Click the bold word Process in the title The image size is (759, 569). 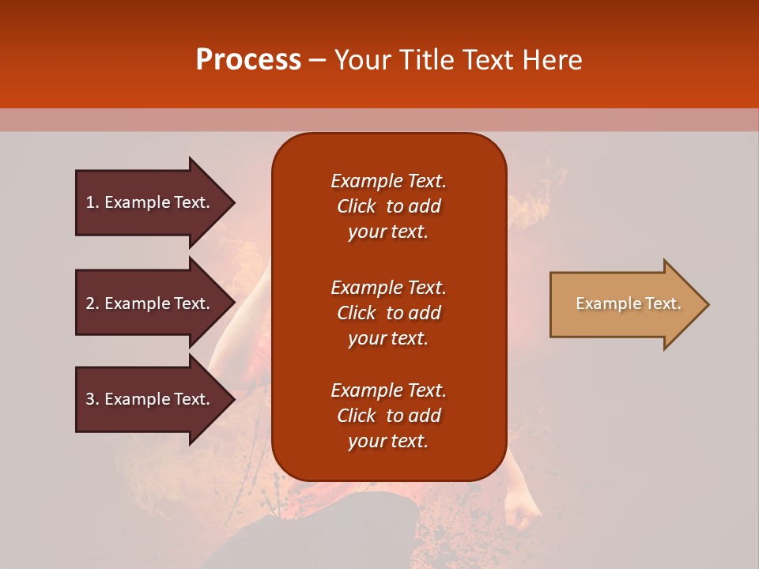(x=248, y=60)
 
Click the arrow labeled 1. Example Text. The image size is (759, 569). (x=150, y=202)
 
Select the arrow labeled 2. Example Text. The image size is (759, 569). (x=150, y=303)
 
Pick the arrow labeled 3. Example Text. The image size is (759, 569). (x=150, y=399)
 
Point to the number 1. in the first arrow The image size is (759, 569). (x=93, y=202)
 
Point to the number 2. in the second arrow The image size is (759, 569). (x=93, y=303)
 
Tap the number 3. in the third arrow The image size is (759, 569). (x=93, y=399)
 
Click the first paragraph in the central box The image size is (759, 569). (x=388, y=206)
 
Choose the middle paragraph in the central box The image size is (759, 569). (x=388, y=313)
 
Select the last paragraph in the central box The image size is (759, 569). (x=388, y=416)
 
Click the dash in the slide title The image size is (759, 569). (x=317, y=61)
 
